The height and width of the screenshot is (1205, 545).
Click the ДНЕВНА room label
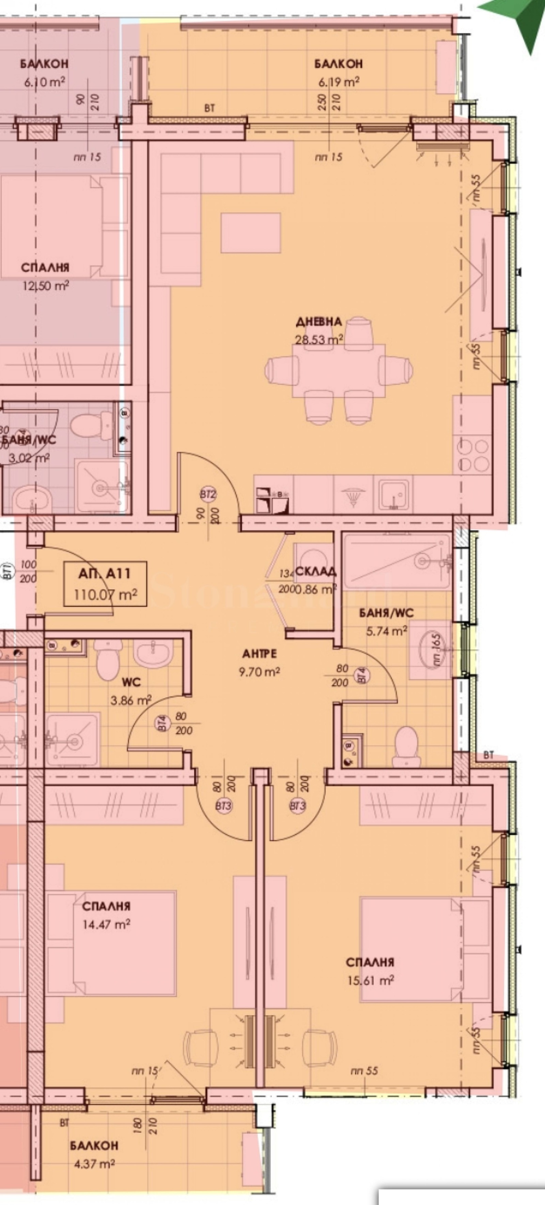click(318, 322)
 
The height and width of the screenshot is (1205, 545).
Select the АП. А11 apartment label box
click(105, 584)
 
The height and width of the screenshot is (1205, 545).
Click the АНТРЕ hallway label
click(259, 653)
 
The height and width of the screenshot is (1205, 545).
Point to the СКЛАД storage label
click(316, 572)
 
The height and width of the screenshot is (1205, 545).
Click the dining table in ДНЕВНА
click(339, 370)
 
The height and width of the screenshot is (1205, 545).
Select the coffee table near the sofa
click(251, 232)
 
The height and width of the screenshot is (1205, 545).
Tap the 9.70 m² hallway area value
click(259, 672)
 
